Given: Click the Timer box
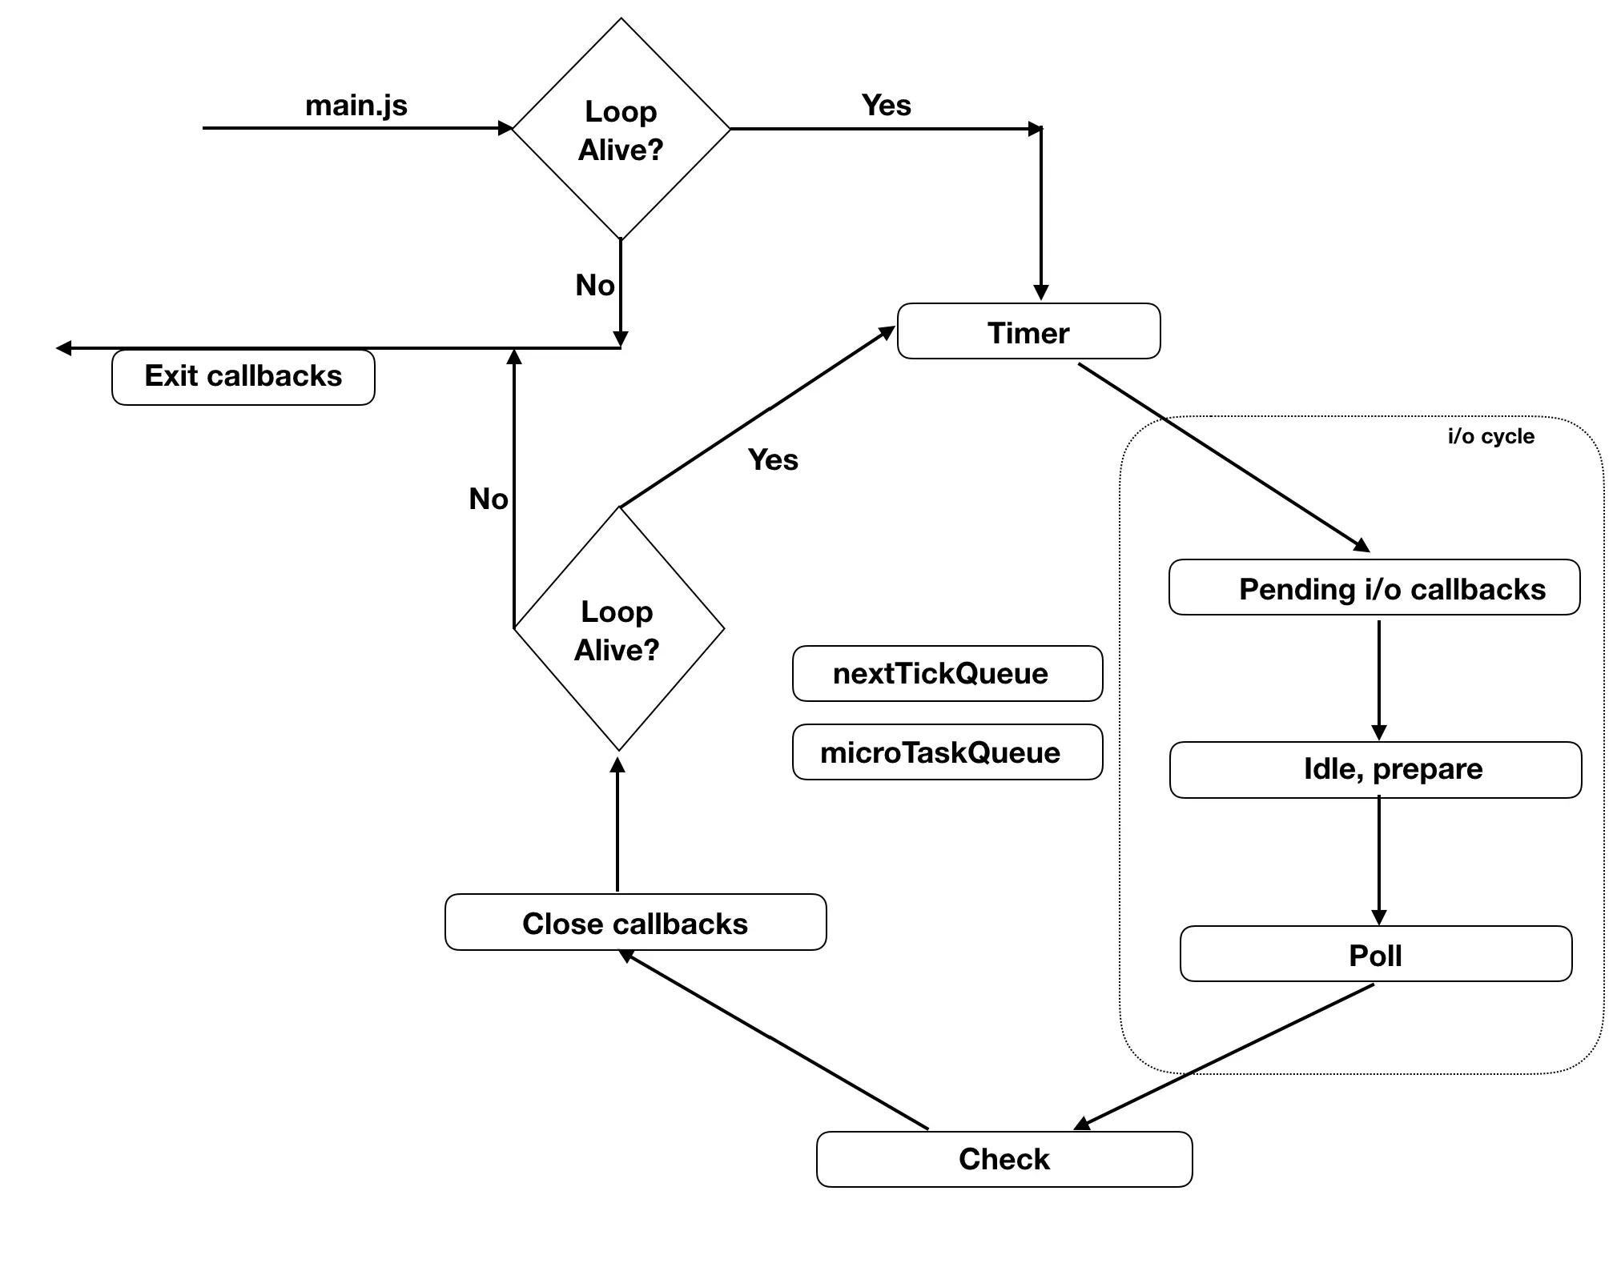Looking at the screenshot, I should [x=1028, y=331].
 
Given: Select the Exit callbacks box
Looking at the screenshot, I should [x=243, y=377].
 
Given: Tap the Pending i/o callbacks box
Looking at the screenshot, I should [x=1374, y=588].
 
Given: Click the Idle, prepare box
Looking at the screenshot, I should [x=1375, y=769].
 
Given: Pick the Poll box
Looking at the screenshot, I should [x=1375, y=954].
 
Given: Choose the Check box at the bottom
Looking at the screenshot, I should [x=1004, y=1159].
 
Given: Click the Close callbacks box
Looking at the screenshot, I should [x=635, y=923].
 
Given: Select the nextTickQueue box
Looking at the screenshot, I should [x=947, y=674].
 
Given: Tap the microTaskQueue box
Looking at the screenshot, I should [x=947, y=752].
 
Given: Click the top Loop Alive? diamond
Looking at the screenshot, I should [x=621, y=130].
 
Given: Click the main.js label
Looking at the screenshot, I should [x=356, y=105].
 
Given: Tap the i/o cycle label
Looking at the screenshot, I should [x=1490, y=436].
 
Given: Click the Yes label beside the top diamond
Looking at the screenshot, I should [x=886, y=105].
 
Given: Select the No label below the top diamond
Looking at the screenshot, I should [x=594, y=285].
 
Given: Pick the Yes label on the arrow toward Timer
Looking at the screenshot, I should [x=773, y=459].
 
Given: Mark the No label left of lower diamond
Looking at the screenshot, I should [x=488, y=499].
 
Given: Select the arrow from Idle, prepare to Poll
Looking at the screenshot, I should [x=1378, y=860].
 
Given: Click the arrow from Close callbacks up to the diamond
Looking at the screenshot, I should [x=617, y=824].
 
